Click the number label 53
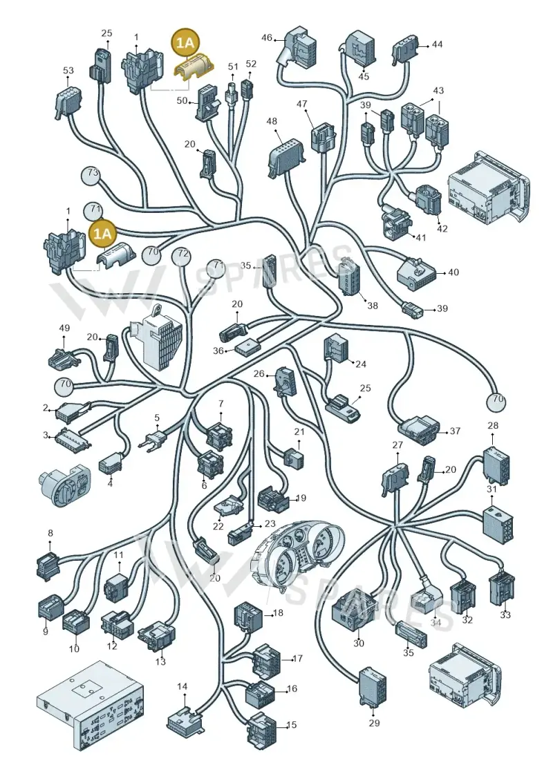tap(68, 71)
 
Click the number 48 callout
tap(272, 122)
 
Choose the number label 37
tap(455, 430)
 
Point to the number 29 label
tap(374, 723)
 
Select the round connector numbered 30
tap(355, 613)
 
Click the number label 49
tap(64, 328)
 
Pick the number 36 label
tap(218, 351)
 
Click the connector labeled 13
tap(157, 635)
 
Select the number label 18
tap(278, 613)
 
